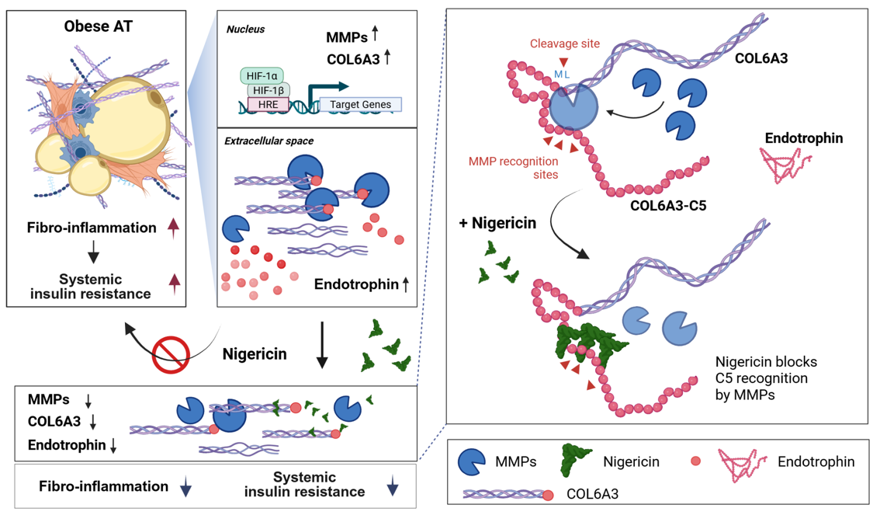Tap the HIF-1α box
click(263, 75)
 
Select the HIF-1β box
click(268, 90)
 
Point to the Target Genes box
click(360, 105)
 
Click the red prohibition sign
click(171, 355)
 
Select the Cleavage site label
click(564, 43)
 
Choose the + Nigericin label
click(498, 224)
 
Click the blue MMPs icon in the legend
click(472, 461)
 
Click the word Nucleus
click(245, 30)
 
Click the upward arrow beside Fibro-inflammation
click(174, 227)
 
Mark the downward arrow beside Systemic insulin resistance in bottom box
click(393, 486)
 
